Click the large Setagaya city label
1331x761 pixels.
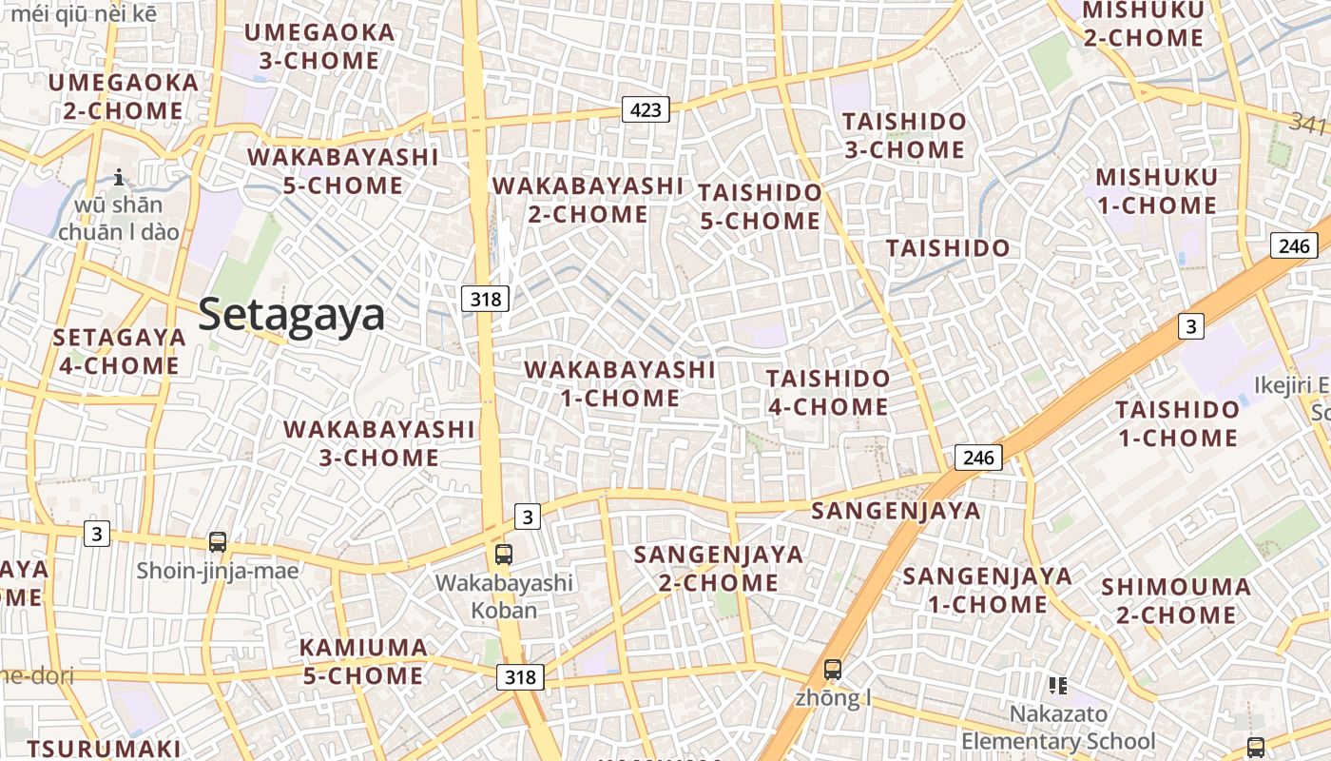click(292, 315)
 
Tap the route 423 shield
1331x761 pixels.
click(646, 109)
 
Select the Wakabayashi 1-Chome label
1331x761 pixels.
click(619, 383)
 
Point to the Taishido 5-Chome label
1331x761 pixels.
click(759, 206)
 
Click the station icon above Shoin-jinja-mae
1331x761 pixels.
click(218, 542)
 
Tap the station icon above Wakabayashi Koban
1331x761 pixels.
click(504, 554)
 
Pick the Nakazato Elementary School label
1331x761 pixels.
click(1058, 728)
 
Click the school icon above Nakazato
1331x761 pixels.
click(1057, 685)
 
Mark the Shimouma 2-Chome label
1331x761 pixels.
click(1176, 600)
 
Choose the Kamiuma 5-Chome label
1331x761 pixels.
click(363, 661)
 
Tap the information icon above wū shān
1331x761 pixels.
click(119, 177)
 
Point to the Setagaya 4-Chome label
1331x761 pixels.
click(119, 351)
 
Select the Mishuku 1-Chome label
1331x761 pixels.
click(1156, 191)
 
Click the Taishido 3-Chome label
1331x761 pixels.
click(903, 136)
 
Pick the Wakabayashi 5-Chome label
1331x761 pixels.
click(342, 170)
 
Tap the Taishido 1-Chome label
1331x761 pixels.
click(1177, 423)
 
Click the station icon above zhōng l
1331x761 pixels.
click(833, 669)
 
